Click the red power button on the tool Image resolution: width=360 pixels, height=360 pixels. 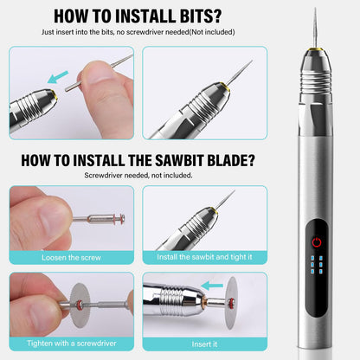(317, 242)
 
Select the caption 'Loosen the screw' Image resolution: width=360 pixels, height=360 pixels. (71, 258)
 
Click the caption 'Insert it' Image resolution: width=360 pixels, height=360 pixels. (204, 344)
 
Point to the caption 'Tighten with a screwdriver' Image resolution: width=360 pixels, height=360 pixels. (72, 344)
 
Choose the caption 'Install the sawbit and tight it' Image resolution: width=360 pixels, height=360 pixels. (204, 257)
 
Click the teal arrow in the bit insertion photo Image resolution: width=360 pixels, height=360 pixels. (58, 77)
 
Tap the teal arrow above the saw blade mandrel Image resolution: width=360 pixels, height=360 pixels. (212, 286)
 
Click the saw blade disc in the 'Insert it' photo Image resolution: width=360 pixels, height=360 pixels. (231, 303)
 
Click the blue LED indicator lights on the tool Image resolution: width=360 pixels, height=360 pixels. (317, 265)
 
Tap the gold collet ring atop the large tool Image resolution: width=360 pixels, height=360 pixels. (315, 49)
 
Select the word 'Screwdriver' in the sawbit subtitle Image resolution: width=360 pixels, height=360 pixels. (103, 176)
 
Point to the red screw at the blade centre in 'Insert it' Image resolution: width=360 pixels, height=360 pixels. (231, 303)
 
